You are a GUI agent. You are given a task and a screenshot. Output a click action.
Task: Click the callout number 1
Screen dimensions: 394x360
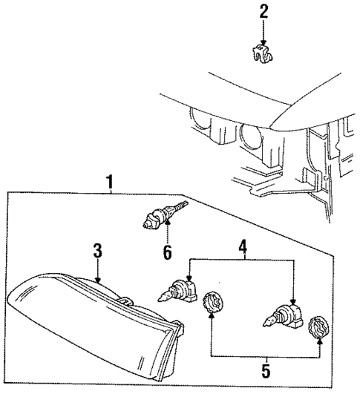click(109, 180)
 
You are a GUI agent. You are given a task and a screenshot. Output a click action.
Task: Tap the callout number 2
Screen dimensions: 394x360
click(263, 11)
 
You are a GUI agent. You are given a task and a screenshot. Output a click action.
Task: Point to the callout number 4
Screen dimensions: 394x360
click(242, 245)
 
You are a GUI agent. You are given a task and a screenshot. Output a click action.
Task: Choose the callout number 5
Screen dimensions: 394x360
click(266, 370)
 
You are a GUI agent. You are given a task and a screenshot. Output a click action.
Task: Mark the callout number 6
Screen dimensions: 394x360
click(167, 252)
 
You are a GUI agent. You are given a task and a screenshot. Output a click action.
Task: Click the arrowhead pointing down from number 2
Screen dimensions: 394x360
click(263, 42)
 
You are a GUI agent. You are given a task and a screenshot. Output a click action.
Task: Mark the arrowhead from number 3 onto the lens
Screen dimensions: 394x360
click(98, 283)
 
